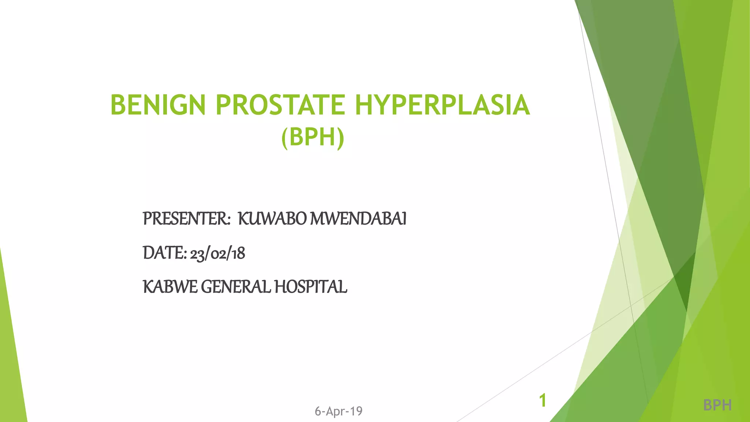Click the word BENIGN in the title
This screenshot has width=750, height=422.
tap(158, 105)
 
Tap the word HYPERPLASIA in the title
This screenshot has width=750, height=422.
tap(442, 105)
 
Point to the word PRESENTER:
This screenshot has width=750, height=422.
tap(186, 219)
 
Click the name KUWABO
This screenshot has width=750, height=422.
tap(272, 219)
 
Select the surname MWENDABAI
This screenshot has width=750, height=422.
tap(358, 219)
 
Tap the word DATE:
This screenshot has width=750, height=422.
tap(165, 253)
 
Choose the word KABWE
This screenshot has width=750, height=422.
tap(170, 287)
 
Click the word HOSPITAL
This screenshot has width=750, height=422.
tap(311, 287)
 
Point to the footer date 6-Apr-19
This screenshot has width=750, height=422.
tap(338, 411)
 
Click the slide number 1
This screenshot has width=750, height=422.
tap(543, 400)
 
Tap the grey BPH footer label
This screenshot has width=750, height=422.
tap(717, 405)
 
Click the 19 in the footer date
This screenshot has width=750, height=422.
tap(356, 411)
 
